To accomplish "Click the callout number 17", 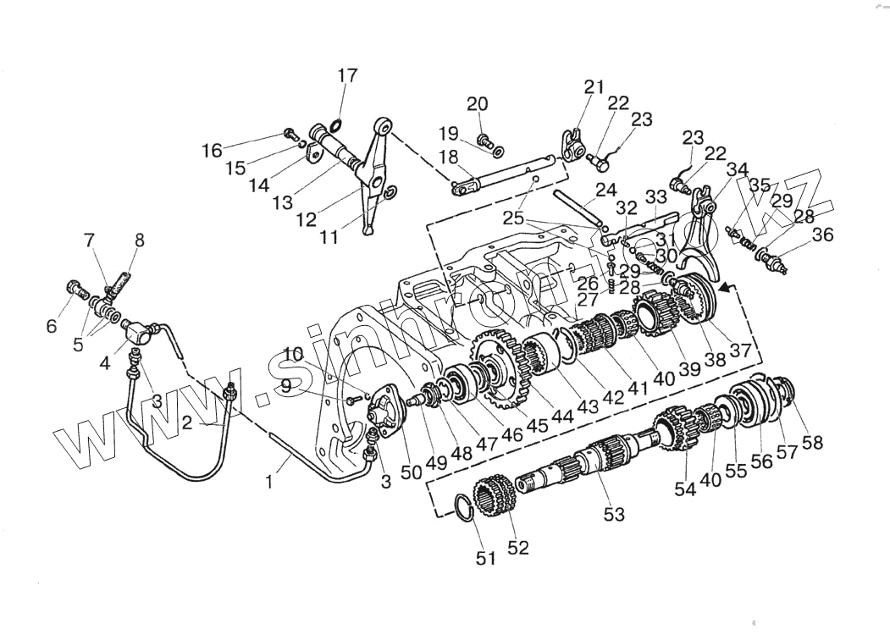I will click(347, 76).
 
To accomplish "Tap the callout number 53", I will click(614, 513).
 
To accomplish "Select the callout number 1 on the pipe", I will click(269, 483).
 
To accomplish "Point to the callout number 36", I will click(822, 236).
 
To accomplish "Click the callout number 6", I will click(53, 325).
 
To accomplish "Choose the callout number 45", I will click(538, 427).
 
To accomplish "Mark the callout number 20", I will click(478, 104).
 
